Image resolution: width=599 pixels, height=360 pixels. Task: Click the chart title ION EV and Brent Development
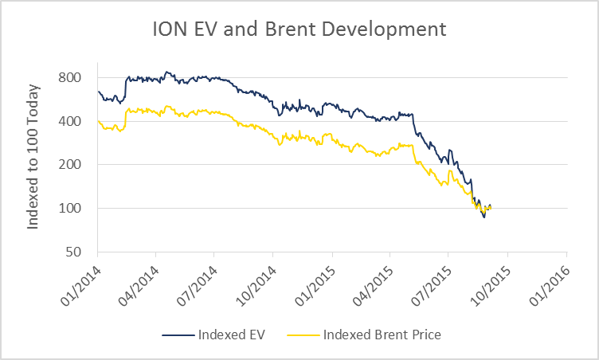(299, 30)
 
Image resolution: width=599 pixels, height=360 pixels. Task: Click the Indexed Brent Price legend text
(382, 335)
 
